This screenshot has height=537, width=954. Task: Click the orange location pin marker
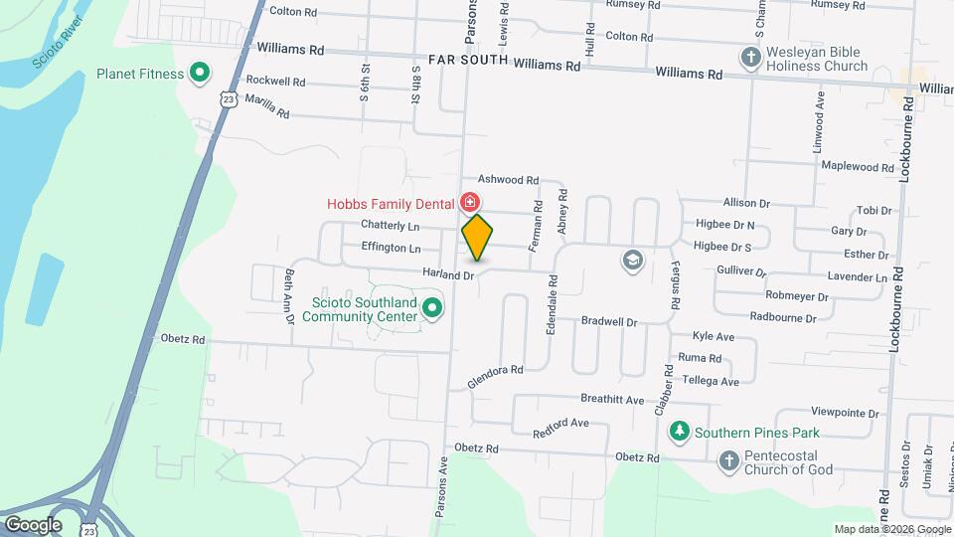pyautogui.click(x=477, y=238)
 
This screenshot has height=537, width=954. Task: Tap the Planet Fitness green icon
pyautogui.click(x=199, y=73)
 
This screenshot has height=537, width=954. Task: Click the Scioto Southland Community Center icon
pyautogui.click(x=431, y=308)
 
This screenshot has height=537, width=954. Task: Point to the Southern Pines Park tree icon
pyautogui.click(x=680, y=433)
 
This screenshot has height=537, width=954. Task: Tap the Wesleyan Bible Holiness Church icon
pyautogui.click(x=750, y=58)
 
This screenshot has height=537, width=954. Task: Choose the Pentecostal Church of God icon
pyautogui.click(x=728, y=459)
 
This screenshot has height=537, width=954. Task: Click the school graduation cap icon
pyautogui.click(x=630, y=261)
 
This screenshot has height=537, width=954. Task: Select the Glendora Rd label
pyautogui.click(x=495, y=376)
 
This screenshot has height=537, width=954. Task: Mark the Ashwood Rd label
pyautogui.click(x=508, y=179)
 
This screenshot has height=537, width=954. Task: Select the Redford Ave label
pyautogui.click(x=560, y=427)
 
